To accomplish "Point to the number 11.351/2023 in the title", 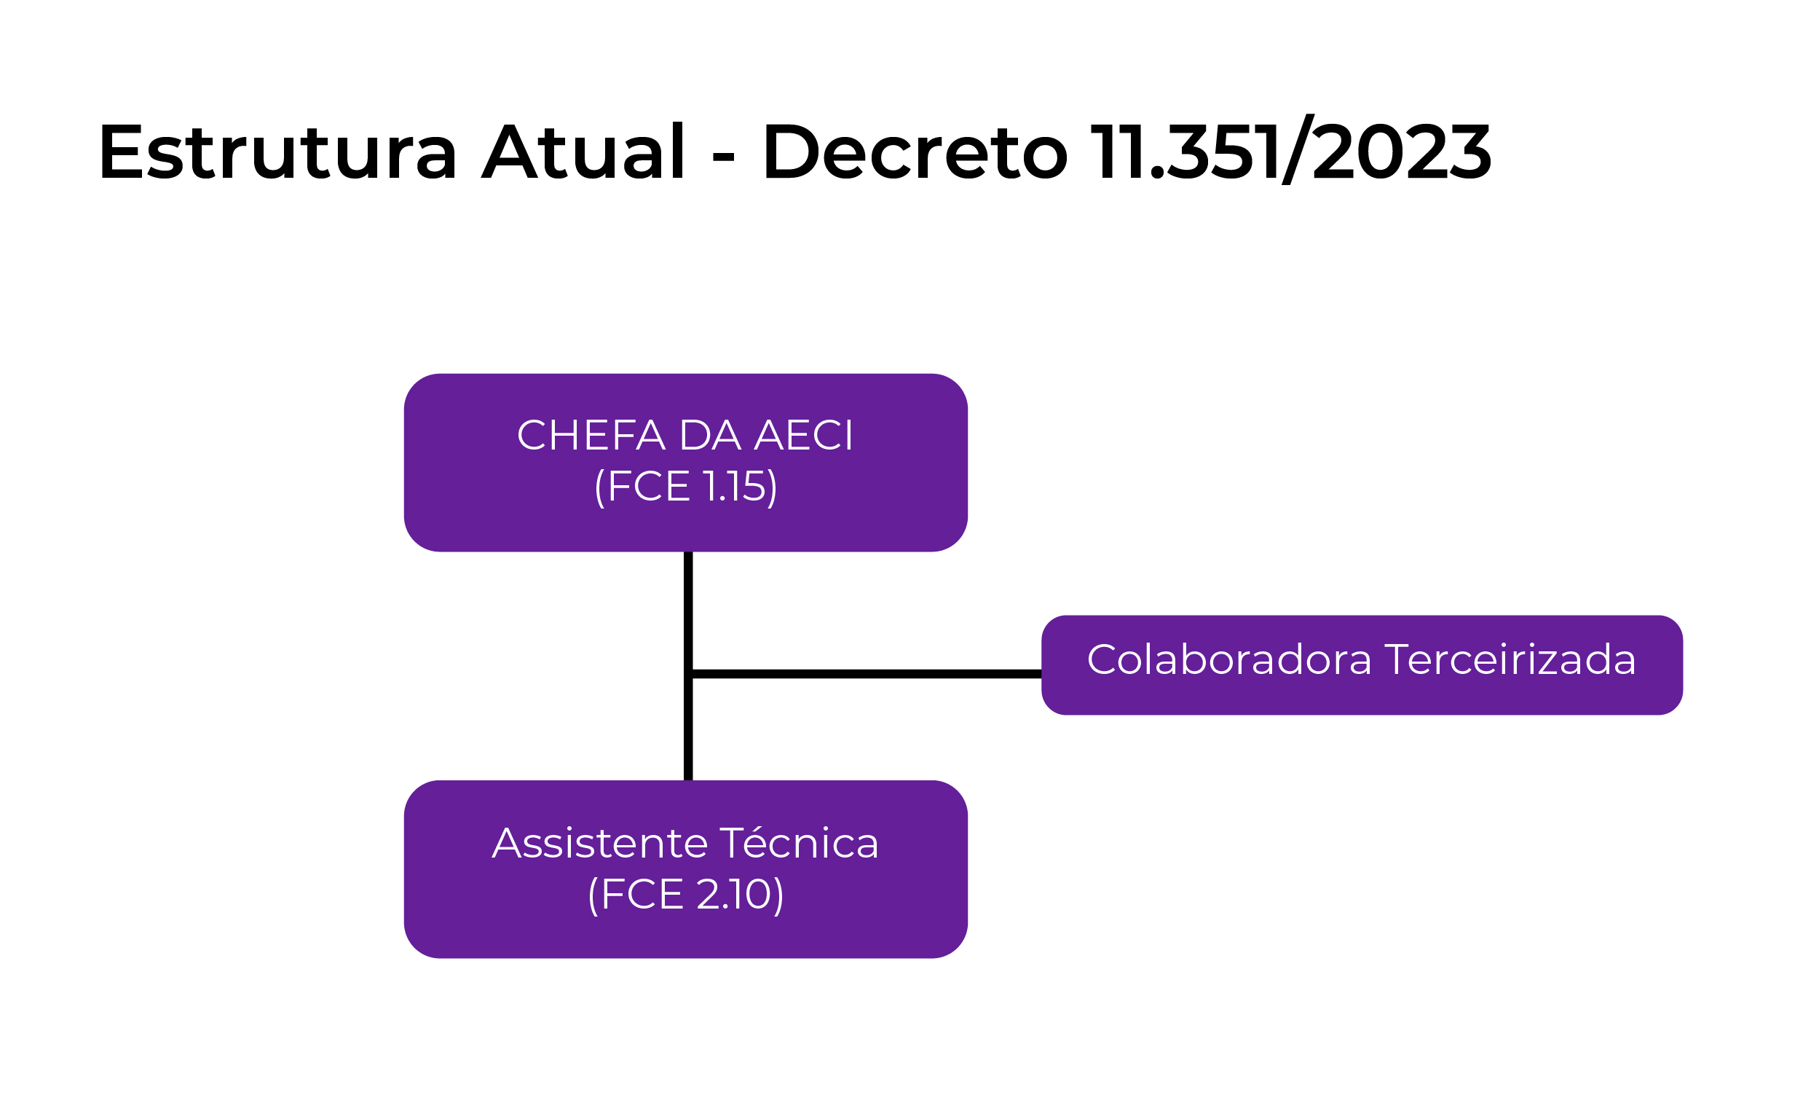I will point(1290,152).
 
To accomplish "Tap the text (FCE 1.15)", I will point(686,487).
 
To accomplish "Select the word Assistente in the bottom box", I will point(600,843).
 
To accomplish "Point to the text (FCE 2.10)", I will point(686,895).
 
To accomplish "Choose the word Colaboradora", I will point(1229,659).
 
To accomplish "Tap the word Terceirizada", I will point(1510,659).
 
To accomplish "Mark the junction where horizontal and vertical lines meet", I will point(689,674).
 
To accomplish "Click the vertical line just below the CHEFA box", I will point(689,586).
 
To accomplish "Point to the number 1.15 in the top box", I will point(733,487).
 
